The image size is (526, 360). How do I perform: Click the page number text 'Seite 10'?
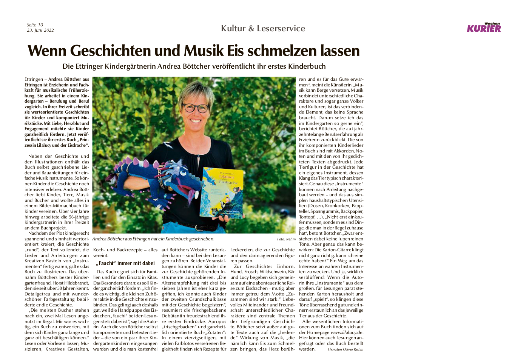coord(35,25)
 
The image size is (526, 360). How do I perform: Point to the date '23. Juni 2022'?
coord(40,30)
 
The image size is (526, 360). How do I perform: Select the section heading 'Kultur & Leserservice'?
coord(263,28)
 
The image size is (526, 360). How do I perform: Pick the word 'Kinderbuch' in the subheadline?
coord(307,66)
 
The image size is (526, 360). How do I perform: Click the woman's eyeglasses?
coord(196,108)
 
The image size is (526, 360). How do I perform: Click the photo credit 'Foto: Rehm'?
coord(286,239)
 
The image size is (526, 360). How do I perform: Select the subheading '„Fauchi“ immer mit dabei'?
coord(125,263)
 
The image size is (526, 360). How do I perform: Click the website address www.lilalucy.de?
coord(347,332)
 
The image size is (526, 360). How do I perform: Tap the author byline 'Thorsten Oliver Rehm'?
coord(345,349)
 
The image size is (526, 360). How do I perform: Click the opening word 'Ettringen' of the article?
coord(34,79)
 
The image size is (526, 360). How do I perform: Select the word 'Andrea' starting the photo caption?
coord(99,239)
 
